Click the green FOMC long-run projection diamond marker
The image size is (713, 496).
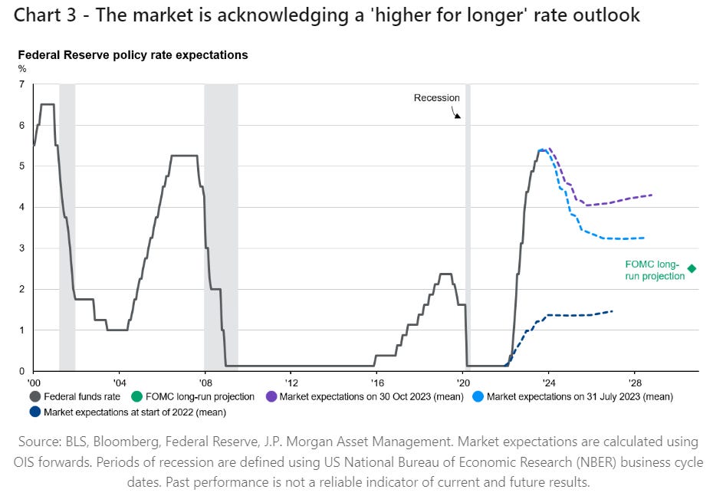[x=692, y=268]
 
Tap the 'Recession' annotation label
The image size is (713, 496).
[x=436, y=98]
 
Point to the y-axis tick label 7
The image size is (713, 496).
[x=21, y=84]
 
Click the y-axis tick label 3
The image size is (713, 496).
[x=21, y=248]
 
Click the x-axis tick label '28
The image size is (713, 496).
[x=634, y=382]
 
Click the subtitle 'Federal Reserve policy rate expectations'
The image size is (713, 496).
[x=133, y=56]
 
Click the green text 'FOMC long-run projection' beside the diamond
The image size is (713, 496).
[x=653, y=271]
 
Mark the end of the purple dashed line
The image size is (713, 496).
[x=652, y=195]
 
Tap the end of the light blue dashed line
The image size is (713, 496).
[x=643, y=238]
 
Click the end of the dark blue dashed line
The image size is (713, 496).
[x=613, y=310]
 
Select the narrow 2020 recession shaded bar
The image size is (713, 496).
[x=468, y=230]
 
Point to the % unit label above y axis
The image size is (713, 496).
[x=21, y=68]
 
